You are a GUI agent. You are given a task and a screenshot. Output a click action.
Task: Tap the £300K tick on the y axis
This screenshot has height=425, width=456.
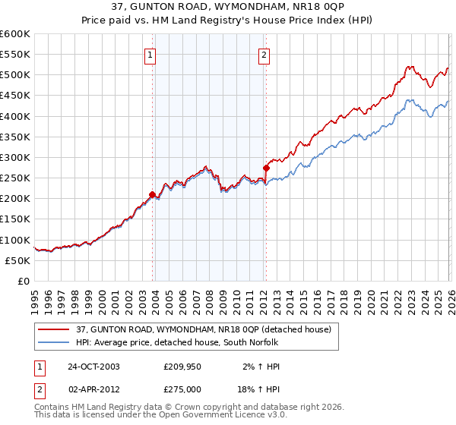tap(15, 157)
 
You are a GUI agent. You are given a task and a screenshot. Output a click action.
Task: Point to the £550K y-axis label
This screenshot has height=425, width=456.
tap(15, 55)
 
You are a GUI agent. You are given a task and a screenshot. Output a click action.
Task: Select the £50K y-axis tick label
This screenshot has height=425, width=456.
tap(18, 260)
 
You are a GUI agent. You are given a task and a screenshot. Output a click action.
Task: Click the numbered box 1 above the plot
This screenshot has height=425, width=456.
tap(150, 55)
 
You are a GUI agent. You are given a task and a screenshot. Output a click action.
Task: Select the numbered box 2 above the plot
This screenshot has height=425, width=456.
tap(264, 55)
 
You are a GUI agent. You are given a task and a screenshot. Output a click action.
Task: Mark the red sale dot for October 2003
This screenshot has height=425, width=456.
tap(152, 194)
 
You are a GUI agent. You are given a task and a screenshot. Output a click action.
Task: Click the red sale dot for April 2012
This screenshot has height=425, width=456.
tap(265, 168)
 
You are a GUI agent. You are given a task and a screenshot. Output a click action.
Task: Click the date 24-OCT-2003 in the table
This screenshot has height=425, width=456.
tap(93, 366)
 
